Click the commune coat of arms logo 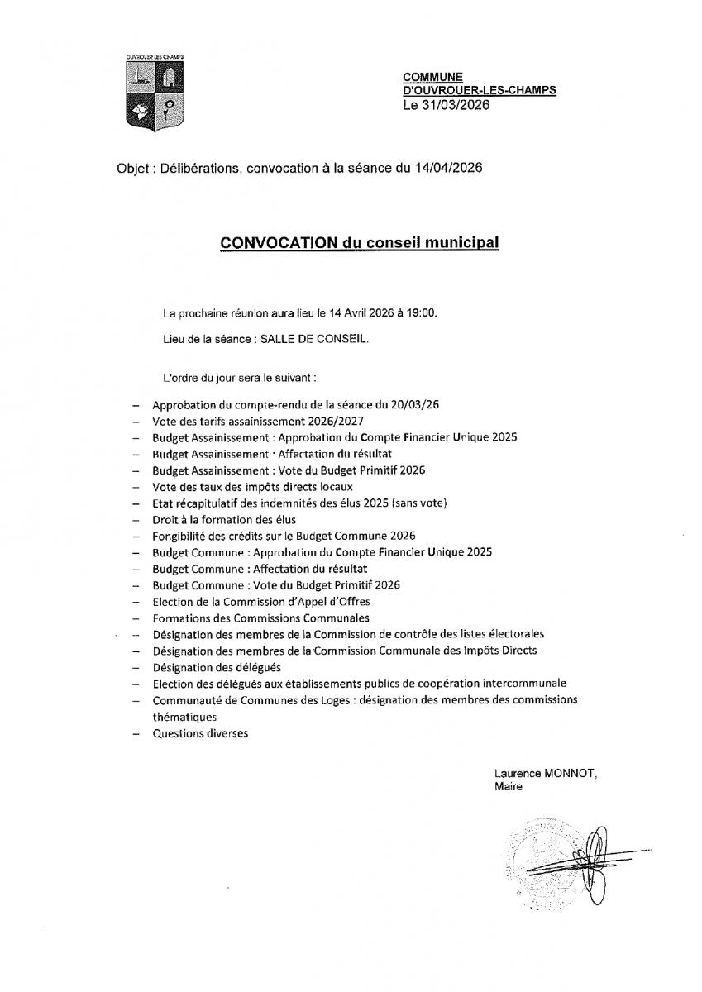[155, 91]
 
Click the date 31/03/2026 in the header [454, 105]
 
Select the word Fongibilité [179, 536]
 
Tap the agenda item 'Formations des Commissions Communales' [260, 618]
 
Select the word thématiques [184, 717]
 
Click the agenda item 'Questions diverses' [200, 733]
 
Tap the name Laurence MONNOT [545, 774]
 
